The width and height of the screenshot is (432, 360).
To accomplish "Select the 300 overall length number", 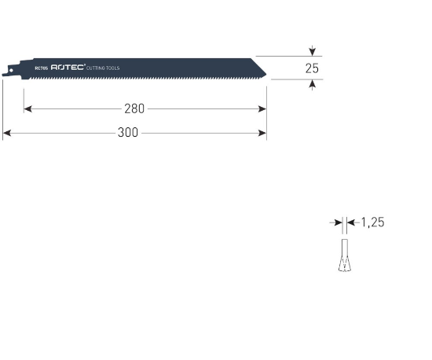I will (x=128, y=133).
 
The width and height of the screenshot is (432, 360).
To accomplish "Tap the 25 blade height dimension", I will (x=312, y=68).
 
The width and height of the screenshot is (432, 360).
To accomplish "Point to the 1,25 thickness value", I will (x=372, y=223).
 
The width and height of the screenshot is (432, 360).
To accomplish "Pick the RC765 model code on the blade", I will (x=41, y=69).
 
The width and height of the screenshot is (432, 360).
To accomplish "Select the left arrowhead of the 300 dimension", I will (x=6, y=133).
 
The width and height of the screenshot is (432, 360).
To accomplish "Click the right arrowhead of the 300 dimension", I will (x=263, y=133).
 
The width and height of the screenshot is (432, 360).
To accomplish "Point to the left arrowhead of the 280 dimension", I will (x=27, y=108).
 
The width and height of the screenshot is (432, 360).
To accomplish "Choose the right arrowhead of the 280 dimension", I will (x=263, y=108).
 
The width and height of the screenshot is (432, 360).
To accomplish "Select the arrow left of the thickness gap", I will (x=336, y=223).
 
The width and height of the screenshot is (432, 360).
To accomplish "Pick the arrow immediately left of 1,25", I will (x=351, y=223).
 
